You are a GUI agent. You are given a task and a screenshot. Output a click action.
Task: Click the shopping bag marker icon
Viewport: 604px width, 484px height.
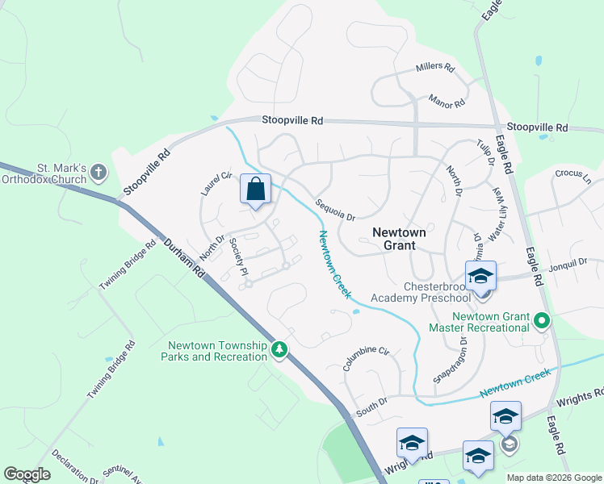255,190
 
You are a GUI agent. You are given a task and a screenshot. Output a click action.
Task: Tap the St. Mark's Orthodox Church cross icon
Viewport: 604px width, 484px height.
99,172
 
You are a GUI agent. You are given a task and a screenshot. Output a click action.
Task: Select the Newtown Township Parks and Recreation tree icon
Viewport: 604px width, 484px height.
279,349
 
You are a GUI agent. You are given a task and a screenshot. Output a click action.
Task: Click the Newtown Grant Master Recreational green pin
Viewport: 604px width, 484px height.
543,322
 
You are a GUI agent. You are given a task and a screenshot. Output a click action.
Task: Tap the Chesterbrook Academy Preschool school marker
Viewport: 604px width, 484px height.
480,277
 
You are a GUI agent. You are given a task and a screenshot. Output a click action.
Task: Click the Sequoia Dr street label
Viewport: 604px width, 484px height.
335,210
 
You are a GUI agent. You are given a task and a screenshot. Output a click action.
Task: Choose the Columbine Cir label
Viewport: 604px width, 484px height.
365,357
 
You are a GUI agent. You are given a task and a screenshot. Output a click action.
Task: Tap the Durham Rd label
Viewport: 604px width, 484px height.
185,259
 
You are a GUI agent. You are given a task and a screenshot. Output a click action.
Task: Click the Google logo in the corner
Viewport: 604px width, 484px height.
27,474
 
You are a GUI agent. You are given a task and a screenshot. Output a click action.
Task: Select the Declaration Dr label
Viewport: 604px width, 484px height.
74,465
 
